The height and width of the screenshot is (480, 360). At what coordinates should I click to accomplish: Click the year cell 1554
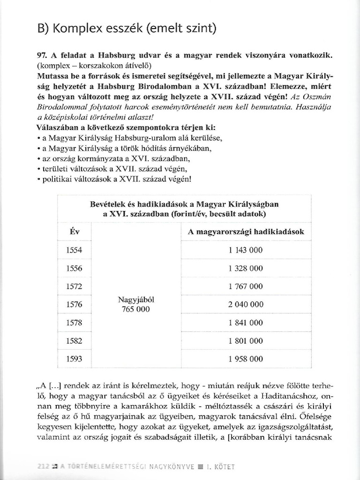click(74, 250)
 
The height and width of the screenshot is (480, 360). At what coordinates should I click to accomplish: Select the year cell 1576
click(74, 305)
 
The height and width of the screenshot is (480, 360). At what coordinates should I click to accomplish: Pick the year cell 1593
click(74, 360)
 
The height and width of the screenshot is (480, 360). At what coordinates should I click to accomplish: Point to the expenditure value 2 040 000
click(246, 305)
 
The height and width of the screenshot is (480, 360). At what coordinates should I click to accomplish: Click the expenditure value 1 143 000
click(246, 250)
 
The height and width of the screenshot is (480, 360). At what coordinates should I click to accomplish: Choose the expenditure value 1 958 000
click(246, 360)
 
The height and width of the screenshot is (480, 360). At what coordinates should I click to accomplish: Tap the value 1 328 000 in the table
click(246, 269)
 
